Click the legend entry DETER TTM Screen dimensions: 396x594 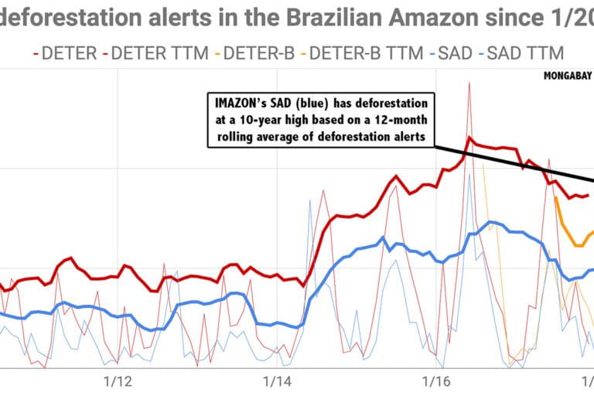(x=158, y=53)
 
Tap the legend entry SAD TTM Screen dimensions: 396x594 (x=520, y=53)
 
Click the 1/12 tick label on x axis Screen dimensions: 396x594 (x=118, y=381)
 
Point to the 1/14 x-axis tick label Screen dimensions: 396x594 (x=277, y=381)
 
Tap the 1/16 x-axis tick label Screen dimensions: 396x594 (x=436, y=381)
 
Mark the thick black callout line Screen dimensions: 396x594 (x=526, y=164)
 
